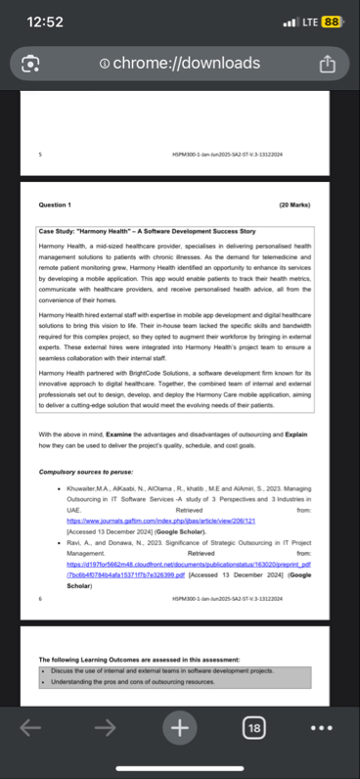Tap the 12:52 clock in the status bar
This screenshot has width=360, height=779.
pos(46,22)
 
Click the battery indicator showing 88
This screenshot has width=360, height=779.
pos(331,22)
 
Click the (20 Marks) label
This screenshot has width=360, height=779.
pos(293,206)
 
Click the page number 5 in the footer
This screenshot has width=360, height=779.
pos(40,154)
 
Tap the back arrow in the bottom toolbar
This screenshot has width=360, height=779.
pos(30,727)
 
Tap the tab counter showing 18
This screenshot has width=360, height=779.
pos(253,727)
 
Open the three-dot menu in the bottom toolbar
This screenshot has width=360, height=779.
pos(322,727)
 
